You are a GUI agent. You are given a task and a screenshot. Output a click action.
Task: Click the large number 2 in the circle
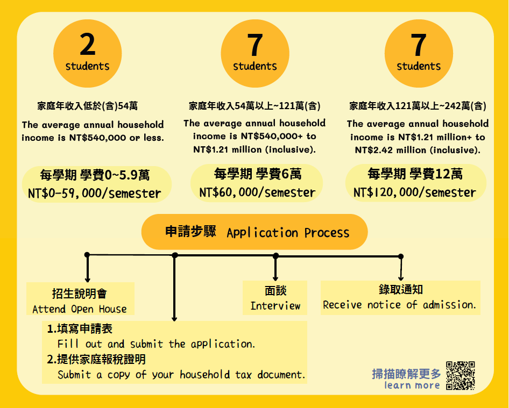pyautogui.click(x=88, y=45)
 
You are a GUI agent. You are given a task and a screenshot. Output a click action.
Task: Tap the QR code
pyautogui.click(x=461, y=375)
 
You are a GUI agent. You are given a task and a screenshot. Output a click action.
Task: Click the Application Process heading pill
pyautogui.click(x=254, y=232)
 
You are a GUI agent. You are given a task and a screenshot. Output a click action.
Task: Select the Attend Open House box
pyautogui.click(x=80, y=298)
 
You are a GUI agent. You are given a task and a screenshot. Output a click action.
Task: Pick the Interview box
pyautogui.click(x=275, y=298)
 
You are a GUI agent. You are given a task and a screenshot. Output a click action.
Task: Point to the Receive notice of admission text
pyautogui.click(x=400, y=305)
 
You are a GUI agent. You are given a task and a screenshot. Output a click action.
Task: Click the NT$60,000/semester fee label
pyautogui.click(x=257, y=192)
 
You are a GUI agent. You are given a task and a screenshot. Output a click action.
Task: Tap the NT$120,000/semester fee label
pyautogui.click(x=414, y=192)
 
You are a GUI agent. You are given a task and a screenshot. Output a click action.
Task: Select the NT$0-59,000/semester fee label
pyautogui.click(x=95, y=194)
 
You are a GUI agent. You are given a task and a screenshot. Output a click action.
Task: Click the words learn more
pyautogui.click(x=412, y=385)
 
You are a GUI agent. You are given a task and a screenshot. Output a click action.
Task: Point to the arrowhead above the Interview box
pyautogui.click(x=275, y=278)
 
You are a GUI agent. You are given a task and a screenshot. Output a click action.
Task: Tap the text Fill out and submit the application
pyautogui.click(x=156, y=344)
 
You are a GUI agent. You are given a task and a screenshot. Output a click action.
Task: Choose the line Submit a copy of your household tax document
pyautogui.click(x=181, y=375)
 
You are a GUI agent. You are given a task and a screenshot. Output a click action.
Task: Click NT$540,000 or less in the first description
pyautogui.click(x=117, y=138)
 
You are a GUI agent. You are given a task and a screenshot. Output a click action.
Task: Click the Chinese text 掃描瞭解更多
pyautogui.click(x=406, y=374)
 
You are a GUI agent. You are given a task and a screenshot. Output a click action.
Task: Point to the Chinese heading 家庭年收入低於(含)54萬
pyautogui.click(x=87, y=106)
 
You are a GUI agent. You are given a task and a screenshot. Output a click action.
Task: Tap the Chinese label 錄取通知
pyautogui.click(x=400, y=289)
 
